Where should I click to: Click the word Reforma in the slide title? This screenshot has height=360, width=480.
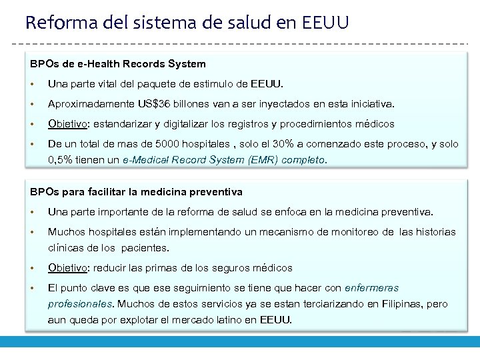pyautogui.click(x=58, y=23)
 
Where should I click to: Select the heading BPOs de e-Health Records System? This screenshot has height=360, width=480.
pyautogui.click(x=118, y=64)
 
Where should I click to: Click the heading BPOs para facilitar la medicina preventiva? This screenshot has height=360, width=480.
pyautogui.click(x=136, y=192)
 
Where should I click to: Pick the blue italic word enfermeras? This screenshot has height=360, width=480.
pyautogui.click(x=371, y=288)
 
